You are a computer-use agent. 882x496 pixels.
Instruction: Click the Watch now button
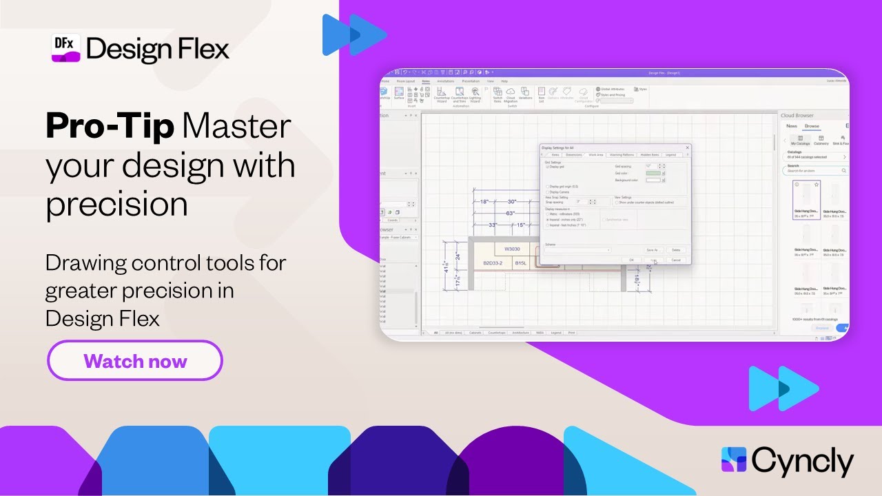[x=135, y=361]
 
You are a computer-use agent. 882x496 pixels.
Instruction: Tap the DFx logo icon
[x=66, y=48]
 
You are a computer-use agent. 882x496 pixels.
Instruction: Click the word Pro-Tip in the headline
[x=110, y=127]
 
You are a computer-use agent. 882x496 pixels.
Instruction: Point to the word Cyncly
[x=803, y=462]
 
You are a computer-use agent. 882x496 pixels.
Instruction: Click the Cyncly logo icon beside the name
[x=734, y=460]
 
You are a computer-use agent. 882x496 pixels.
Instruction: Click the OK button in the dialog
[x=631, y=260]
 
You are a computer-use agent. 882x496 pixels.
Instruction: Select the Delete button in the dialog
[x=675, y=249]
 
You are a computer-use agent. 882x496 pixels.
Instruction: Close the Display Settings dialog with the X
[x=687, y=147]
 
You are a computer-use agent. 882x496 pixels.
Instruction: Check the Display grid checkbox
[x=548, y=167]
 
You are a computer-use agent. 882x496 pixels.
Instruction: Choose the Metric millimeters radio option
[x=548, y=214]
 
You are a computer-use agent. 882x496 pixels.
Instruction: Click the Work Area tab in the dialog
[x=595, y=155]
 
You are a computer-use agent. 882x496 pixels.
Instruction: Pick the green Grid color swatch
[x=653, y=173]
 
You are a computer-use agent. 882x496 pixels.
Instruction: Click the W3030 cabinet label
[x=512, y=249]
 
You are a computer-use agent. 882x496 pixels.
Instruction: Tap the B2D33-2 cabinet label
[x=492, y=263]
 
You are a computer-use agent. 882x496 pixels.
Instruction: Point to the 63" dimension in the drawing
[x=511, y=214]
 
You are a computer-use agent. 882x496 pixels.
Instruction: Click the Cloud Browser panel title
[x=797, y=116]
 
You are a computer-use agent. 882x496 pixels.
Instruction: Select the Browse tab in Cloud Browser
[x=812, y=126]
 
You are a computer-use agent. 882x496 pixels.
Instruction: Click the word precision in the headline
[x=117, y=205]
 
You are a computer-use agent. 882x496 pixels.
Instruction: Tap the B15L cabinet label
[x=521, y=263]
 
